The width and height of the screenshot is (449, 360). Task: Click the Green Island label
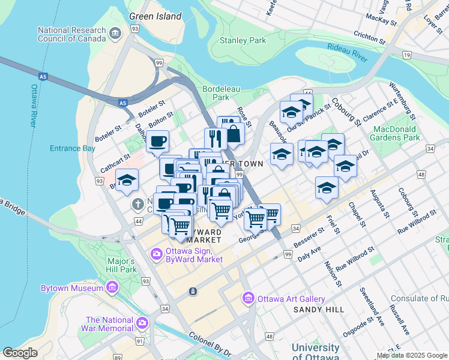155,16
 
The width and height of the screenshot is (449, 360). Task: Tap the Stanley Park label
243,41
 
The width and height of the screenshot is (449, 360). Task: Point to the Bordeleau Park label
221,93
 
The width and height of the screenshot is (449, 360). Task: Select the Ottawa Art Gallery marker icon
248,298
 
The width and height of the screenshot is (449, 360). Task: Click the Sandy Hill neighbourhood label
319,309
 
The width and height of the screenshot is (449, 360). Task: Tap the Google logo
20,353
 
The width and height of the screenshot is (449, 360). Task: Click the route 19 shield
407,55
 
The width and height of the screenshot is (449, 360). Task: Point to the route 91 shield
140,341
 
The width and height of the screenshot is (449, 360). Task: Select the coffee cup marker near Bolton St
157,142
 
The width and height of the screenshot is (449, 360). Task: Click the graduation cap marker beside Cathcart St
127,180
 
